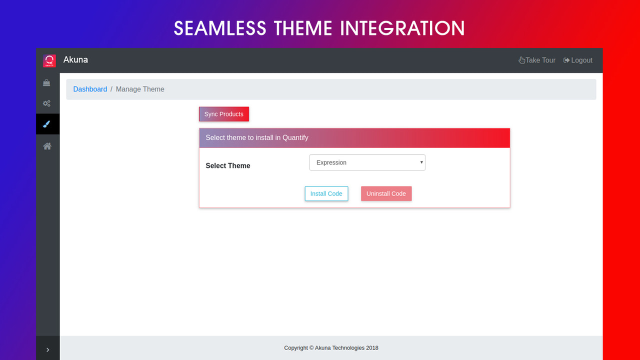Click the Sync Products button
pyautogui.click(x=223, y=114)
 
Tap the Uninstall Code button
pyautogui.click(x=386, y=193)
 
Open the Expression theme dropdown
pyautogui.click(x=367, y=162)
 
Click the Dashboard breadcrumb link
pyautogui.click(x=90, y=89)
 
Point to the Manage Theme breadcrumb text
pyautogui.click(x=140, y=89)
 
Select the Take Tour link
pyautogui.click(x=537, y=60)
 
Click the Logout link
pyautogui.click(x=578, y=60)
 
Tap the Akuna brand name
pyautogui.click(x=75, y=59)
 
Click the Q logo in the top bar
pyautogui.click(x=49, y=60)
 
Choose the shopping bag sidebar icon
pyautogui.click(x=46, y=83)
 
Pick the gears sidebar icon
pyautogui.click(x=46, y=103)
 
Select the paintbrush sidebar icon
pyautogui.click(x=47, y=124)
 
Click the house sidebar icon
pyautogui.click(x=47, y=146)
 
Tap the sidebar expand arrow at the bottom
pyautogui.click(x=47, y=350)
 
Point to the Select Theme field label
pyautogui.click(x=228, y=165)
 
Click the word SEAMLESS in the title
pyautogui.click(x=219, y=28)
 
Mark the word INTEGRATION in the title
pyautogui.click(x=402, y=28)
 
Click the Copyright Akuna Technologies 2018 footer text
pyautogui.click(x=331, y=348)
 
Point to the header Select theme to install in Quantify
pyautogui.click(x=257, y=137)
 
